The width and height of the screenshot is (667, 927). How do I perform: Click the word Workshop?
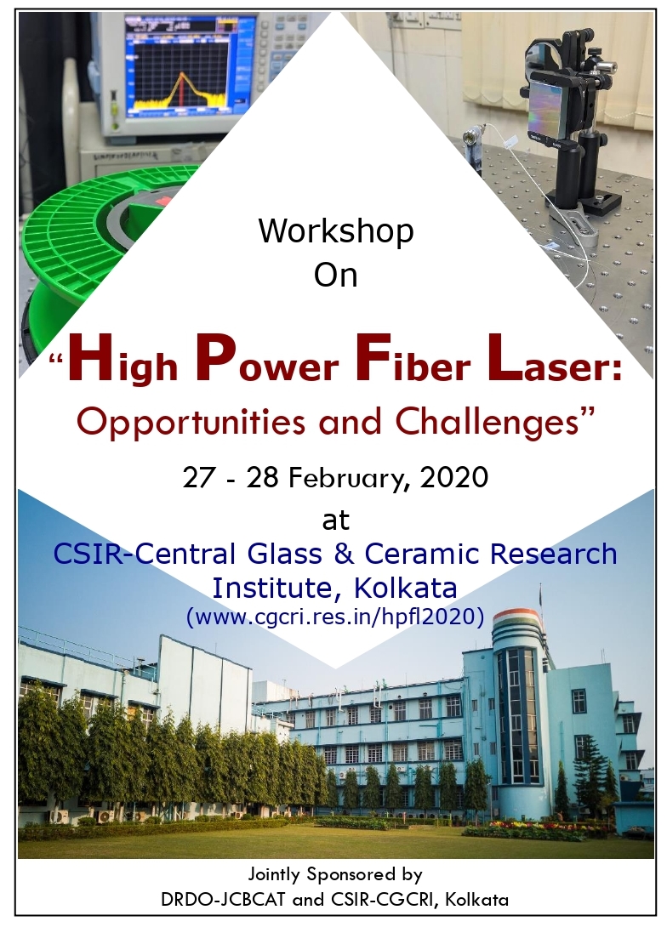click(x=336, y=230)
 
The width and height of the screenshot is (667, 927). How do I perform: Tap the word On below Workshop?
click(x=336, y=275)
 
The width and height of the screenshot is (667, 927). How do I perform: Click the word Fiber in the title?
click(x=412, y=361)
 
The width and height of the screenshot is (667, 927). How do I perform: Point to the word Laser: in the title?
click(x=552, y=361)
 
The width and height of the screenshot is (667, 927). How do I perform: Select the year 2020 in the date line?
click(x=453, y=477)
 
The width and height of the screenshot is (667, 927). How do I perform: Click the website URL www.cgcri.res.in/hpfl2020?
click(x=335, y=617)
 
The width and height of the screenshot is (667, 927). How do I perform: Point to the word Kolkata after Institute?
click(x=406, y=588)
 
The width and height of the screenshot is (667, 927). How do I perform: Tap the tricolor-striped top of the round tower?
click(x=516, y=621)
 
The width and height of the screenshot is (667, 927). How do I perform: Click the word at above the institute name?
click(x=335, y=520)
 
